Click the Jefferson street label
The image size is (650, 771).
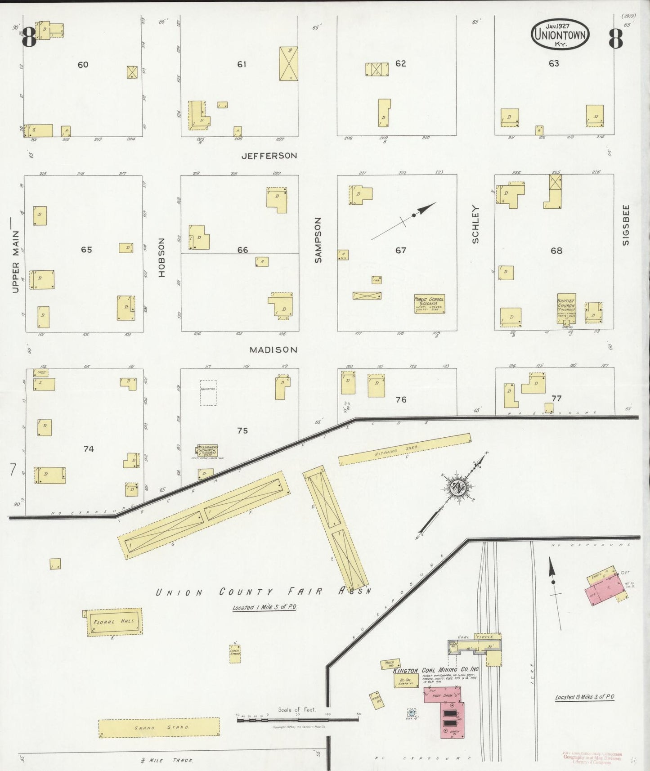pos(269,156)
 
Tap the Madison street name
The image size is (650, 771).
pos(273,350)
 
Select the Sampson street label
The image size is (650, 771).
pos(318,240)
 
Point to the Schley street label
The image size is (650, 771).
pos(475,224)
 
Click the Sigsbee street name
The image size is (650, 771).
pos(626,225)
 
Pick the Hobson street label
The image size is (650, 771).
pos(162,257)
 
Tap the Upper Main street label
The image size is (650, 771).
pos(16,262)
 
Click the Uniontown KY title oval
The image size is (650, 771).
pos(560,35)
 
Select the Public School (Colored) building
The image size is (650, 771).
pos(429,304)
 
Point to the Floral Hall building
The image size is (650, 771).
pos(114,622)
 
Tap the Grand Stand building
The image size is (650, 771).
pos(159,727)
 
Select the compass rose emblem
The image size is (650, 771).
pos(458,487)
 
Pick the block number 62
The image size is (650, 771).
pos(400,63)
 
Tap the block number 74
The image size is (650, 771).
pos(89,448)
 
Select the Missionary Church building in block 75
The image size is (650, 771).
pos(207,450)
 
